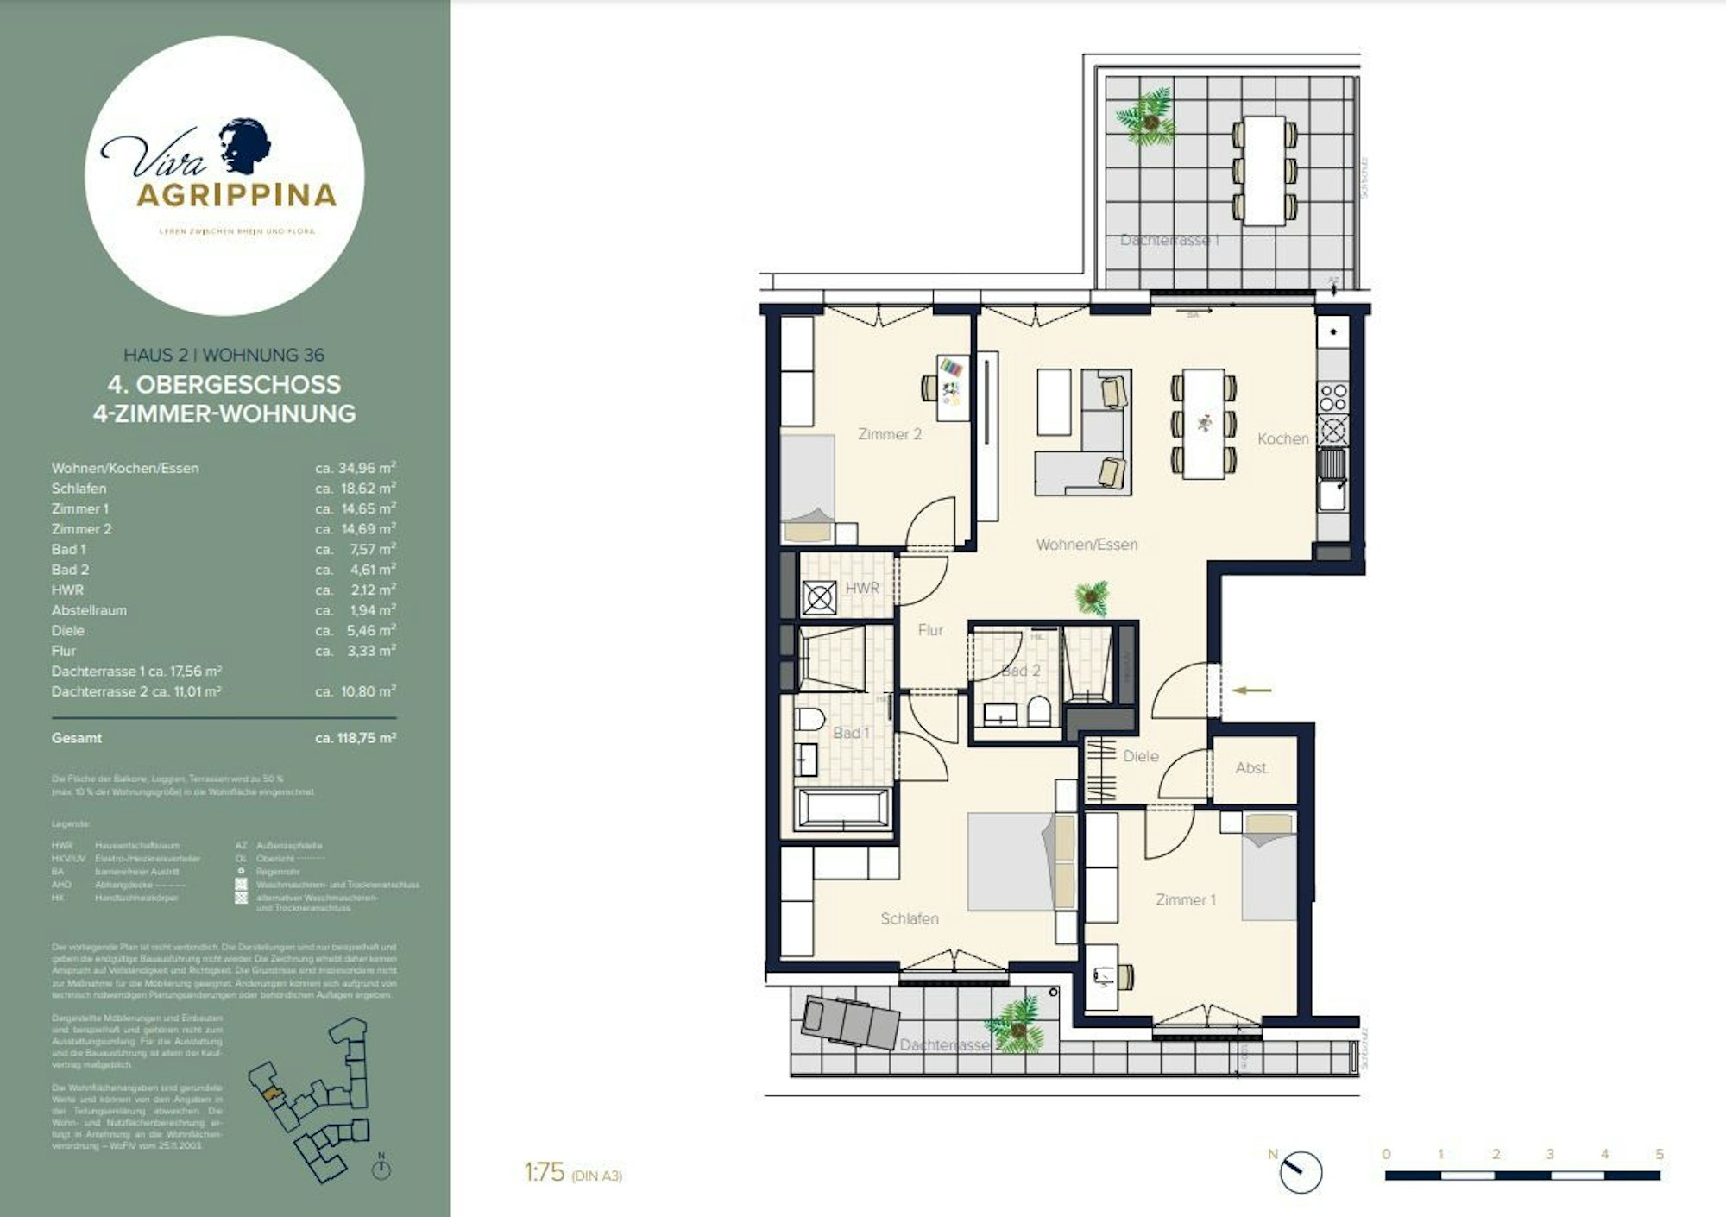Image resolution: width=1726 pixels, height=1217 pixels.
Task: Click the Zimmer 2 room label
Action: click(889, 434)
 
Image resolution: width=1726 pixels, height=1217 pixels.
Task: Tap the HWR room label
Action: click(861, 588)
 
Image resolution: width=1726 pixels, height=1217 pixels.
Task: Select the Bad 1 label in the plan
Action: click(850, 733)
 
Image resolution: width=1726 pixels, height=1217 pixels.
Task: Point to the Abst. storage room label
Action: click(1251, 767)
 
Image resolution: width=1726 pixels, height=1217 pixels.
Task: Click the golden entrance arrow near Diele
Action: click(1251, 690)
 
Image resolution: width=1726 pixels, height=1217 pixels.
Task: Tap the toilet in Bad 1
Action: click(809, 718)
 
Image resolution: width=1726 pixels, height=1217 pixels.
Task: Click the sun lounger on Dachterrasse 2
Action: click(850, 1023)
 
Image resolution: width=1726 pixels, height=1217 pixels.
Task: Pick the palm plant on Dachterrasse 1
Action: click(1148, 118)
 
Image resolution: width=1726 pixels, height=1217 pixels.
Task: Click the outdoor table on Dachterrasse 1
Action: click(1264, 170)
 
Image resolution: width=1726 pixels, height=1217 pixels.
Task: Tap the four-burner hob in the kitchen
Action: click(1332, 397)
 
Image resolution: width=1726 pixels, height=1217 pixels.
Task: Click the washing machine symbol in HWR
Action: click(818, 597)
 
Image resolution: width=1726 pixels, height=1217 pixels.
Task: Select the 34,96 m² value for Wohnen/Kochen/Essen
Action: click(356, 468)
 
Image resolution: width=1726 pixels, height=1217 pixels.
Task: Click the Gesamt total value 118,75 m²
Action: click(356, 738)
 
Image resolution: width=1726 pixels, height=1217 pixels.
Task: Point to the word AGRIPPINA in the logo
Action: click(236, 196)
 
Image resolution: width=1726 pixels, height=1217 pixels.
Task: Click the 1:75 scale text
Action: click(545, 1172)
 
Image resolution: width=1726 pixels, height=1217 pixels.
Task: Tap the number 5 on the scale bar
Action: click(1659, 1154)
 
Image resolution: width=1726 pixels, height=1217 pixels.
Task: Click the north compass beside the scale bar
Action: click(1299, 1172)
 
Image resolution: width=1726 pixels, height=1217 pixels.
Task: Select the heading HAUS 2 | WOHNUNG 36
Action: click(224, 355)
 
